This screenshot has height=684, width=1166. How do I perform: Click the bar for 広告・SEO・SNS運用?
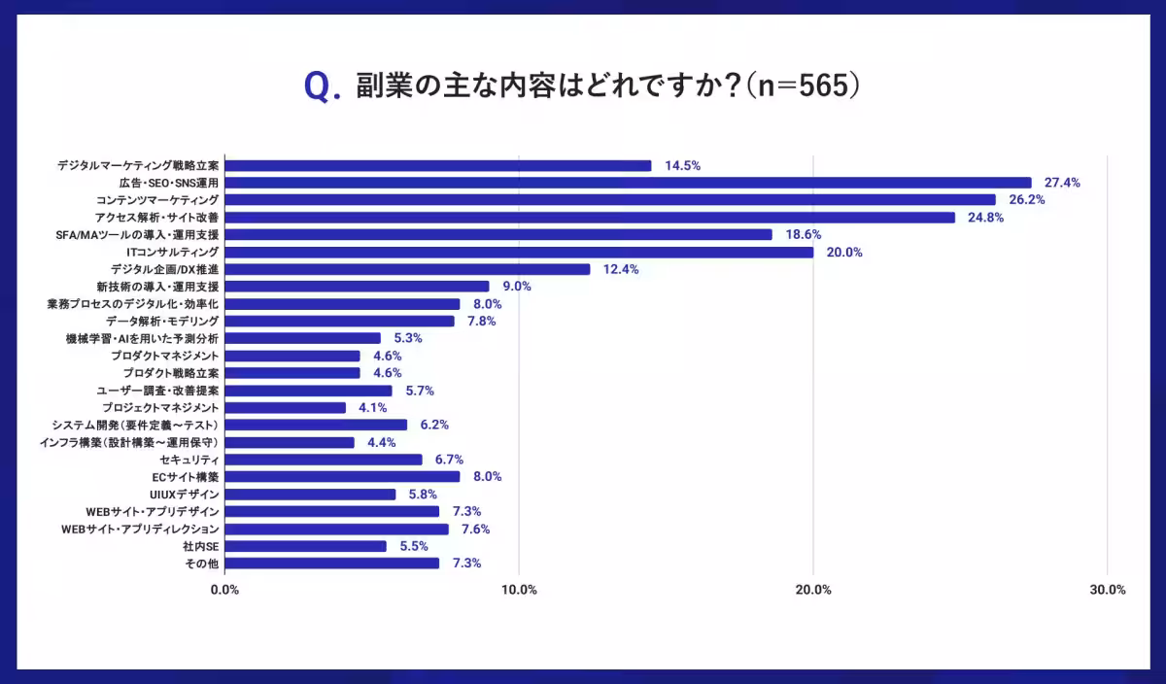point(628,183)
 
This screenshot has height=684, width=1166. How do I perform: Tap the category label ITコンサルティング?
point(172,253)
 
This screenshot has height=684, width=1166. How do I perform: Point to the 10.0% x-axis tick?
point(519,590)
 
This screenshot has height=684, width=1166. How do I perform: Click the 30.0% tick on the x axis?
point(1107,590)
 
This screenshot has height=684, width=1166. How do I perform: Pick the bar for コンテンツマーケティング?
point(610,200)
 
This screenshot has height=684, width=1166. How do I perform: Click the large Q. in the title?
point(323,87)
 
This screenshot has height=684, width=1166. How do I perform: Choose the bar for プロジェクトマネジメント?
point(286,408)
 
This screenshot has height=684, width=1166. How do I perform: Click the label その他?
point(201,564)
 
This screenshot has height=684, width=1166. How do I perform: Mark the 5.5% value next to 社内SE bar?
point(414,546)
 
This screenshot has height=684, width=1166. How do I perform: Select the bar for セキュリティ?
point(324,460)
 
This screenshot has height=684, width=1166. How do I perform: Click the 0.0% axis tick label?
point(224,590)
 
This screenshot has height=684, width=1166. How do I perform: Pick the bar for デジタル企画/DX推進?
point(407,269)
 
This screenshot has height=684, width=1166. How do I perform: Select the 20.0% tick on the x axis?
point(813,590)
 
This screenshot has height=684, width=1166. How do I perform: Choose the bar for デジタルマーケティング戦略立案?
point(438,165)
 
